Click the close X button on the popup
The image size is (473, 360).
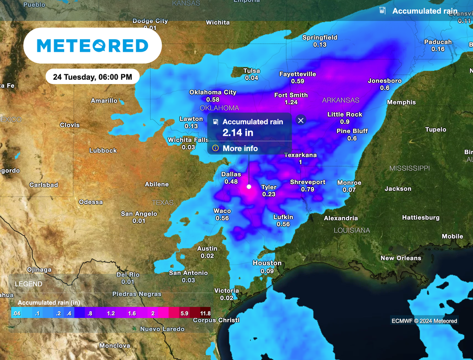click(x=301, y=120)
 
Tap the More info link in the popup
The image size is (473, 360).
click(x=240, y=149)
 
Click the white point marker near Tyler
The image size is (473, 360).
click(x=249, y=187)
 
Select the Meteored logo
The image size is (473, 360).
click(x=92, y=46)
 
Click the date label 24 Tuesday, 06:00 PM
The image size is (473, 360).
click(x=92, y=77)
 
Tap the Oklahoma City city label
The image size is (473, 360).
click(x=212, y=92)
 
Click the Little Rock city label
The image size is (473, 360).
click(x=345, y=114)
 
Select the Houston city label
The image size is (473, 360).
click(x=267, y=263)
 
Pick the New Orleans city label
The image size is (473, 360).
click(x=400, y=258)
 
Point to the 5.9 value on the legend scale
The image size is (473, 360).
click(x=184, y=313)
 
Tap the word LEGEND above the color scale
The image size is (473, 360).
click(x=28, y=284)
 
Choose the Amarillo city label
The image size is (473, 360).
click(x=104, y=101)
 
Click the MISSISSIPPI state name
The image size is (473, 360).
click(x=409, y=168)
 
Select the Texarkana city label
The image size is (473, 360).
click(x=300, y=155)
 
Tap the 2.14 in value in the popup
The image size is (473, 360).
click(x=238, y=133)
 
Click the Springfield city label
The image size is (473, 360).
click(x=320, y=37)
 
